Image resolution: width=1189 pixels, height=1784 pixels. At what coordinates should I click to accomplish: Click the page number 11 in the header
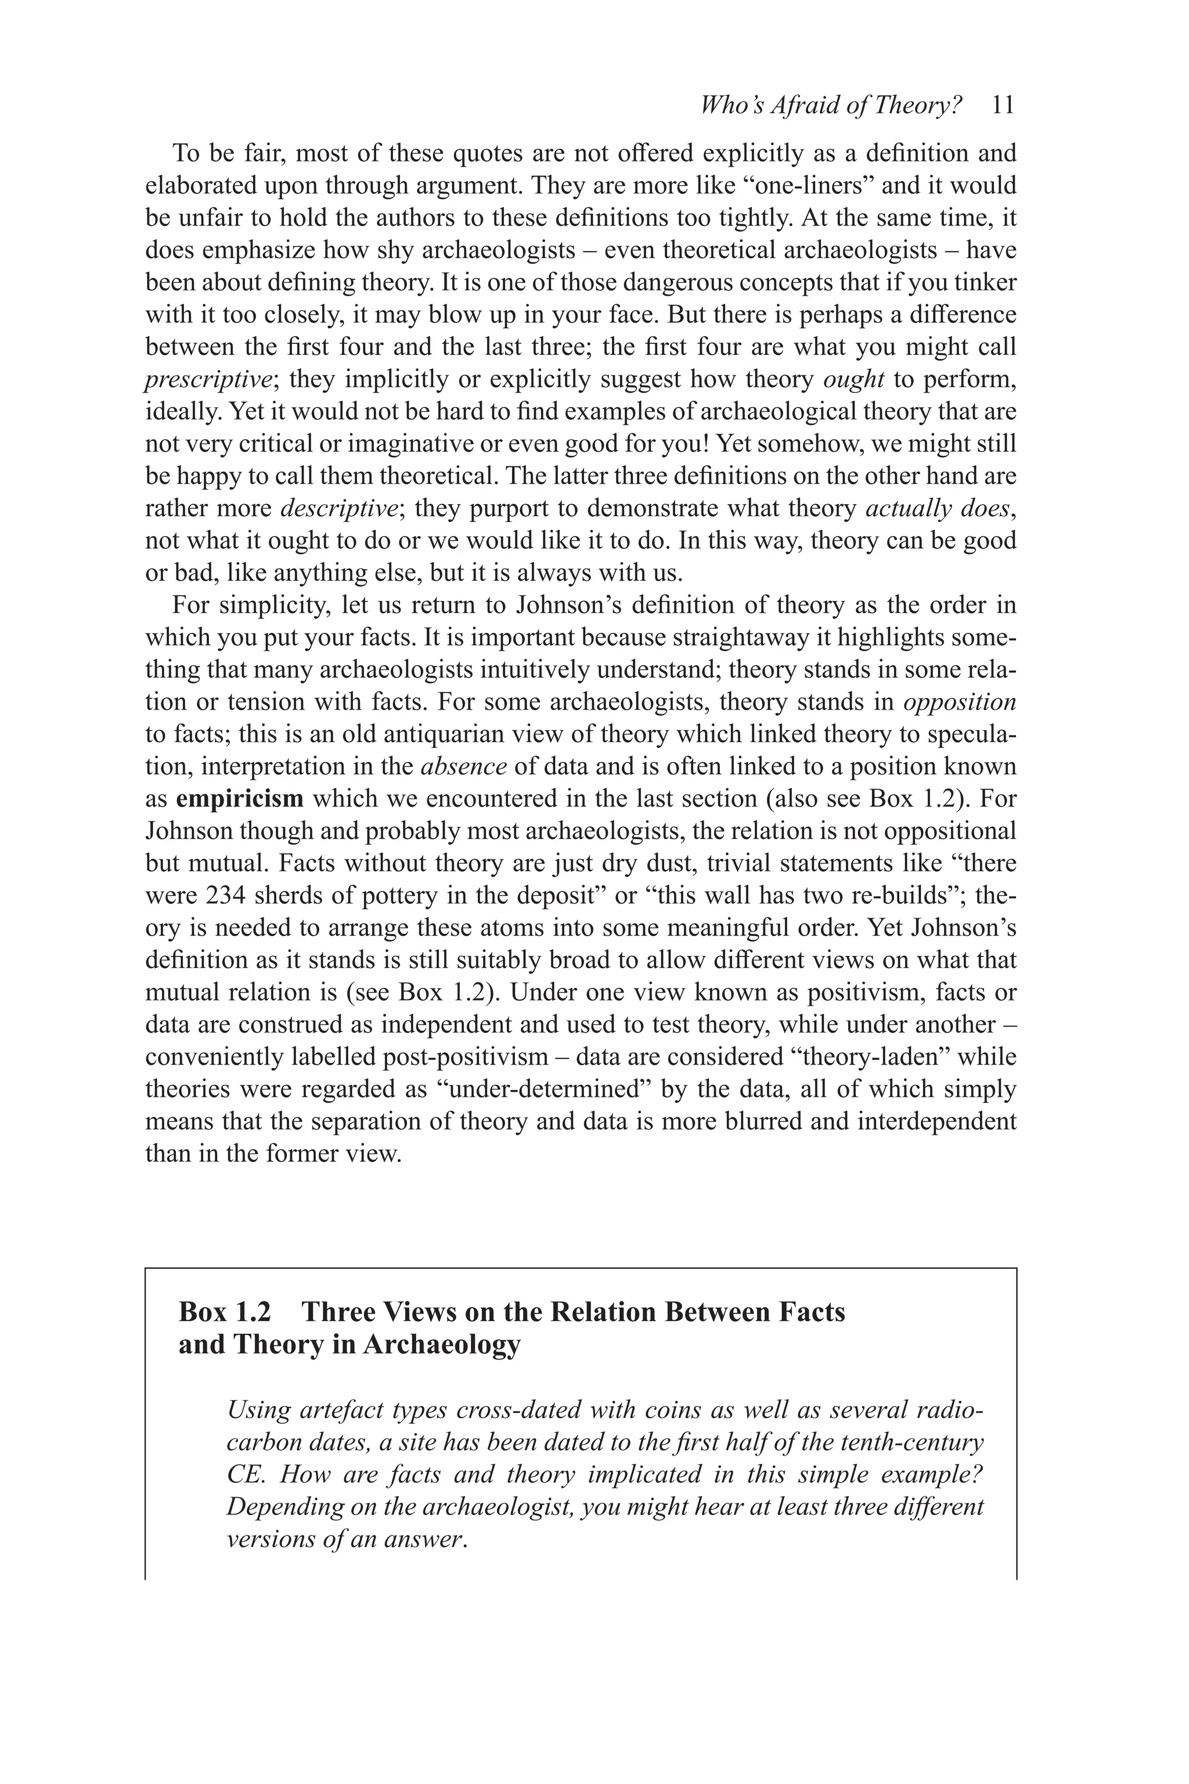[1003, 106]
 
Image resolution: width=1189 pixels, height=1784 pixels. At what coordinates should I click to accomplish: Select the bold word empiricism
[240, 799]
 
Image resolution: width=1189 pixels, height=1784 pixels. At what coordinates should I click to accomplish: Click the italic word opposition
[959, 702]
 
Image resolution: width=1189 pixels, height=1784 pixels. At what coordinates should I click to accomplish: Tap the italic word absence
[463, 767]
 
